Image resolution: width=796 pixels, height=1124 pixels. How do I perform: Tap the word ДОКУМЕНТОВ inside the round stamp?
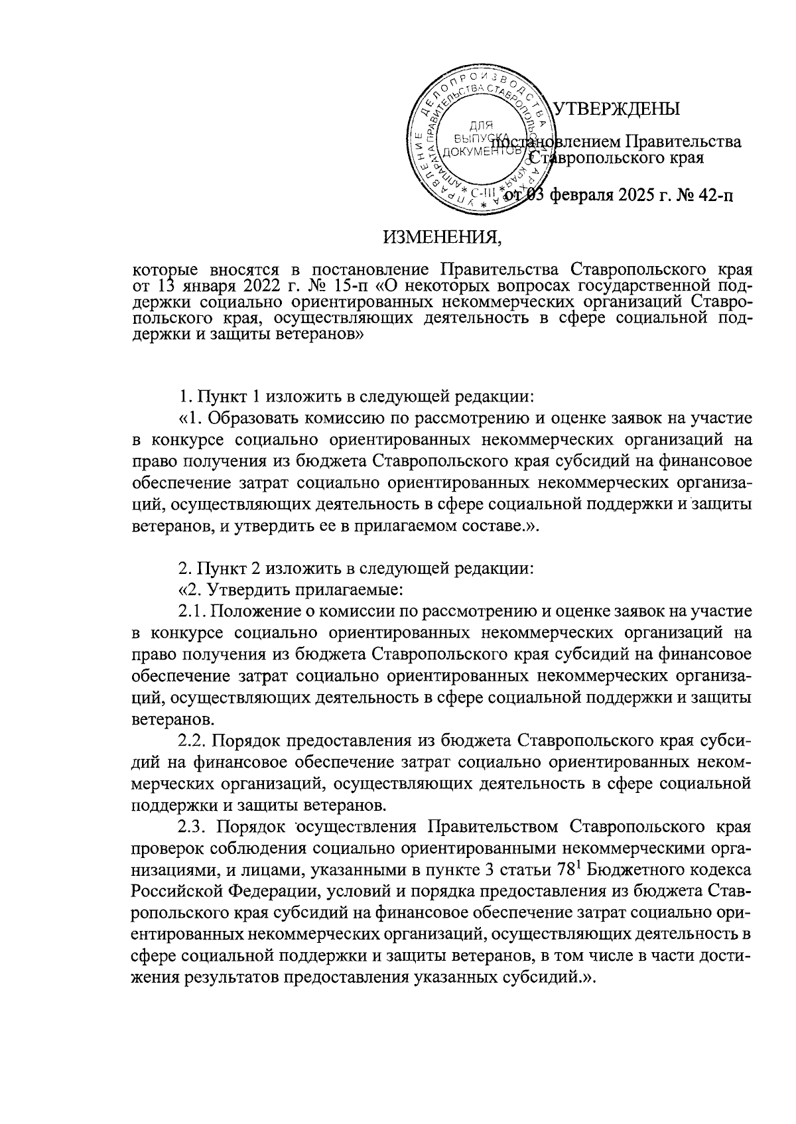pos(483,152)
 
